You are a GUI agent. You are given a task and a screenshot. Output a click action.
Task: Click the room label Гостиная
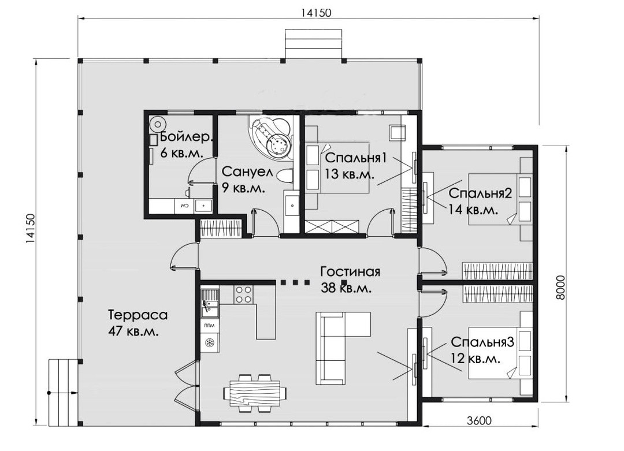click(350, 271)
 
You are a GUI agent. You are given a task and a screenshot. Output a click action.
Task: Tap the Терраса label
click(138, 315)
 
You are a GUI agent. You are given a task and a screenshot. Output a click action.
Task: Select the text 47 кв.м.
click(133, 331)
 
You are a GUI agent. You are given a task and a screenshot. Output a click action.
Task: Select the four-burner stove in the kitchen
click(243, 295)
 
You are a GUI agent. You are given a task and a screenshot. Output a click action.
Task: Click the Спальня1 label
click(356, 158)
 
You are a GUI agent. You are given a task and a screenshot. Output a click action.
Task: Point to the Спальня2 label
click(480, 193)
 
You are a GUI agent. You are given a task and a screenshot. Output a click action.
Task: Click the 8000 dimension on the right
click(560, 287)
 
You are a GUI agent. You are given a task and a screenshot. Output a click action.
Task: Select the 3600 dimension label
click(479, 420)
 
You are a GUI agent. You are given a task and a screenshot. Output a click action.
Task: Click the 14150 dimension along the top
click(315, 13)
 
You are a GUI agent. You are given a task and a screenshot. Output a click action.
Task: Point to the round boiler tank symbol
click(158, 124)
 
